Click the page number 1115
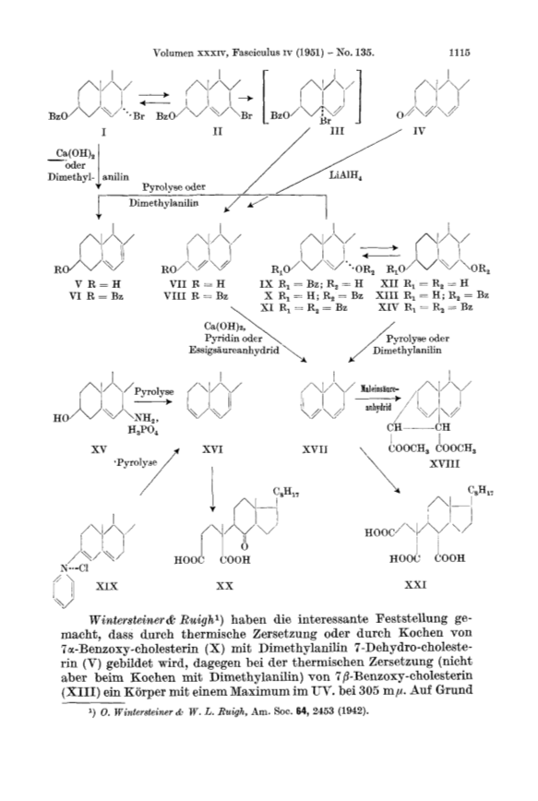(459, 52)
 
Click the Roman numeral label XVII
(315, 449)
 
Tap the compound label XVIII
(444, 464)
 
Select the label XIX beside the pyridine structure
(106, 586)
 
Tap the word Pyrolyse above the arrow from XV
(154, 392)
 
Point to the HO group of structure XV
(60, 418)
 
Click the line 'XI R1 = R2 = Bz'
(304, 307)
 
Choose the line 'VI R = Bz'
(97, 296)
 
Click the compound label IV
(418, 131)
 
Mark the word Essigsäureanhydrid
(234, 351)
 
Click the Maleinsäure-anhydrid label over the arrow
(377, 398)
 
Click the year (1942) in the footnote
(353, 711)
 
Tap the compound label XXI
(415, 585)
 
